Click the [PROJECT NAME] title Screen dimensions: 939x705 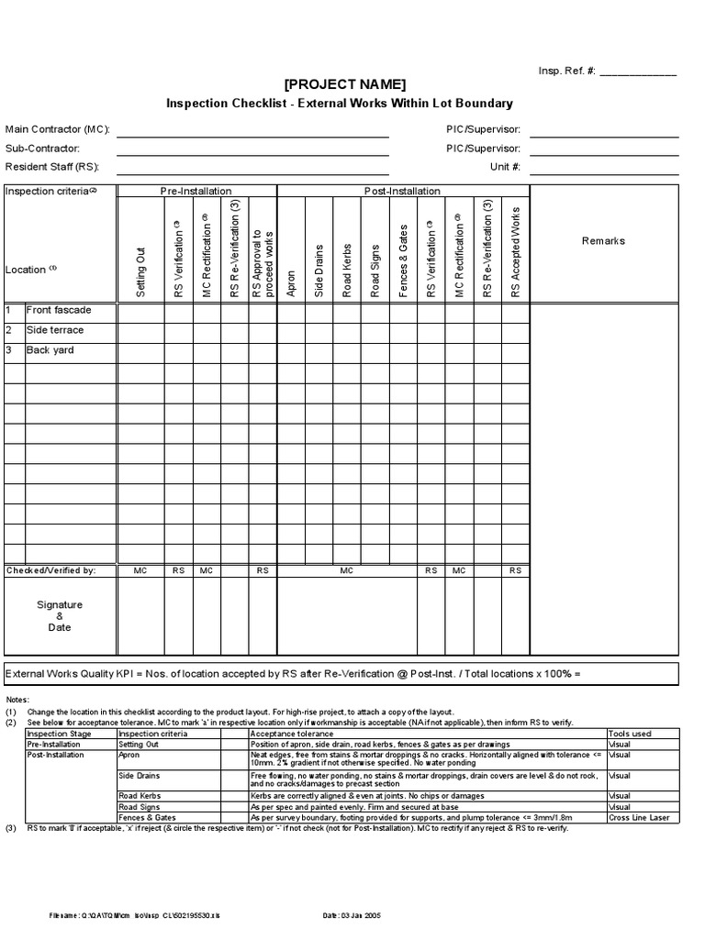tap(344, 84)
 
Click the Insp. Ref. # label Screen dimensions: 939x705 tap(566, 72)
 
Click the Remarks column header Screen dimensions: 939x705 tap(603, 241)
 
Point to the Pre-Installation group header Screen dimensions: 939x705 tap(196, 191)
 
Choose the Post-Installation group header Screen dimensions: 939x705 tap(403, 191)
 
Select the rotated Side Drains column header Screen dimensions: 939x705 tap(319, 270)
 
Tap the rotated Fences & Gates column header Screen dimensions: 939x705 tap(403, 260)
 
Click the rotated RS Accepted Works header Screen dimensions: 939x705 tap(515, 252)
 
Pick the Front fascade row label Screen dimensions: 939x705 tap(59, 310)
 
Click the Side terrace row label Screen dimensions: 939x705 tap(55, 330)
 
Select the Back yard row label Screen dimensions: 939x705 tap(50, 350)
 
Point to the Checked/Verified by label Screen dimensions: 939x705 tap(51, 570)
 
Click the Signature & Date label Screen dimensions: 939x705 tap(60, 616)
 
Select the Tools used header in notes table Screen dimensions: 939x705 tap(630, 734)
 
